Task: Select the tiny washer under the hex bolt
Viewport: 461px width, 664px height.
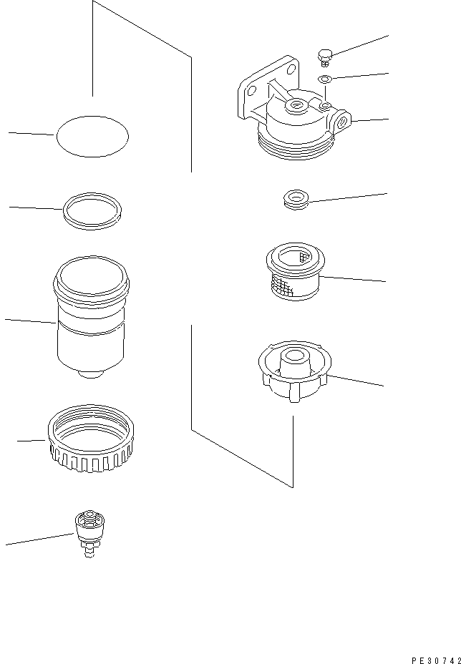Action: pos(324,79)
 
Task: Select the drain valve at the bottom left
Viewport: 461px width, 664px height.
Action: pos(89,533)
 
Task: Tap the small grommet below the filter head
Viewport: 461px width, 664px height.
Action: pos(295,200)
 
